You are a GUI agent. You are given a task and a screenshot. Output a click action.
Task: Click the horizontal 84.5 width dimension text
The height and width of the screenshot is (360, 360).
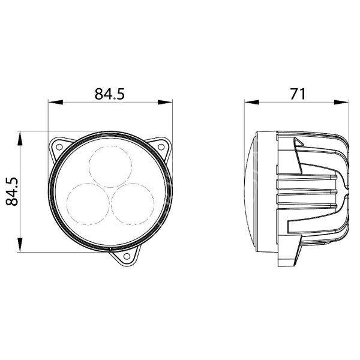coord(109,94)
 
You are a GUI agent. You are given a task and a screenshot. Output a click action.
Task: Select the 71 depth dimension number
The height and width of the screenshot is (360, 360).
coord(298,94)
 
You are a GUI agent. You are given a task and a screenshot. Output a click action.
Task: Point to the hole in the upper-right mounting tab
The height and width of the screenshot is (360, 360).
coord(161,145)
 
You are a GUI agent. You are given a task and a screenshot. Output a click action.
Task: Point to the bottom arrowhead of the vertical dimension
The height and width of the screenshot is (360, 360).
coord(21,247)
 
